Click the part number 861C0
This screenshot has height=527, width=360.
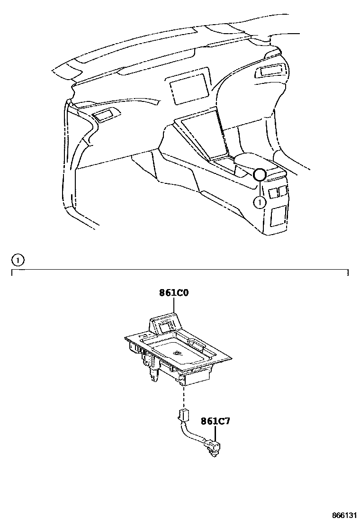[x=174, y=293]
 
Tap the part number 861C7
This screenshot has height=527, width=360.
[x=215, y=420]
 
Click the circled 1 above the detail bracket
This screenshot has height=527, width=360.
[x=17, y=260]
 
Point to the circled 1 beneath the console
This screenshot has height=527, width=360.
[x=260, y=202]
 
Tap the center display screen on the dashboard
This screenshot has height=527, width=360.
[x=189, y=88]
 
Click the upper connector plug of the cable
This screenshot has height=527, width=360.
[x=183, y=416]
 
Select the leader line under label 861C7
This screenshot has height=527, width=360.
[x=216, y=433]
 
